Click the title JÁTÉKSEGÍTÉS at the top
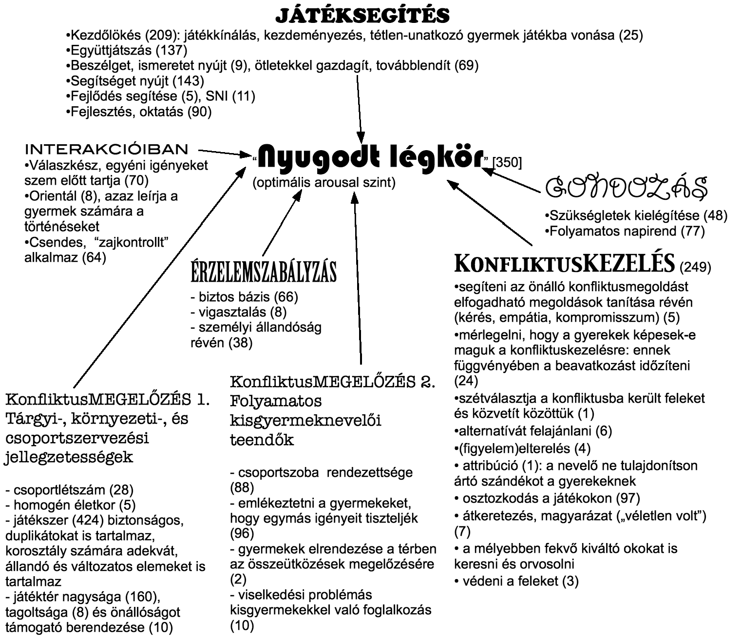coord(362,16)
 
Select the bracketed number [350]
coord(507,162)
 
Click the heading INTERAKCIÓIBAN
coord(106,149)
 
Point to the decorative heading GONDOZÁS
coord(626,188)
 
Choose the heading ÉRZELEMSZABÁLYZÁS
coord(264,272)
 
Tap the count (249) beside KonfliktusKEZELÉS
coord(695,267)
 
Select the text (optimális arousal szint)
coord(324,183)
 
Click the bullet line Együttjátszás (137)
coord(127,50)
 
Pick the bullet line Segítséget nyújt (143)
coord(135,81)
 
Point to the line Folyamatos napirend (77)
coord(627,231)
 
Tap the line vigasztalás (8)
coord(238,311)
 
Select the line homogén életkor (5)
coord(71,505)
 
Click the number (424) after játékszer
coord(86,520)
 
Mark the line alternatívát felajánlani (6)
coord(533,431)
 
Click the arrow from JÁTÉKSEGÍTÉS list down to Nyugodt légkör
coord(359,107)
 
